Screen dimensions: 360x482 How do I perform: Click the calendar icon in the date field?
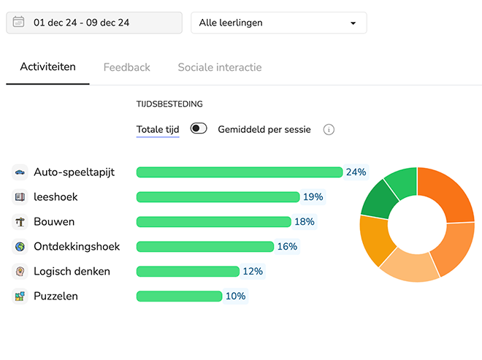pos(19,23)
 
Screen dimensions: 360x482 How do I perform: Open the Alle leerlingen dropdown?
pos(278,23)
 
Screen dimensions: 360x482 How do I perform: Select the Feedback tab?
pos(126,67)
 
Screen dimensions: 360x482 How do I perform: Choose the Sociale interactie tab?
pos(219,67)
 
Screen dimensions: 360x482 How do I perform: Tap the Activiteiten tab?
pos(47,67)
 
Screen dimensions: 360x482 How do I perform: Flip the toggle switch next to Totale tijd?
pos(199,129)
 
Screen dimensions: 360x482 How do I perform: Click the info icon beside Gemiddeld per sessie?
pos(329,130)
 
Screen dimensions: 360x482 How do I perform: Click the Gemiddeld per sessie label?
pos(264,129)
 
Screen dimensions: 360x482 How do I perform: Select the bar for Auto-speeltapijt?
pos(239,172)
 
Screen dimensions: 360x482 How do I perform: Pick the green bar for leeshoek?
pos(218,197)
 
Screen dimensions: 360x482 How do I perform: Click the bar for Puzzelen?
pos(179,296)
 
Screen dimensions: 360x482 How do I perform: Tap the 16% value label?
pos(287,247)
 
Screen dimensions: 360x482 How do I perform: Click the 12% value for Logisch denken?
pos(253,272)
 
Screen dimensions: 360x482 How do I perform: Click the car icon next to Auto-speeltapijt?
pos(20,172)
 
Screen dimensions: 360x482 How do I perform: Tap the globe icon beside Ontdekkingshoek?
pos(20,247)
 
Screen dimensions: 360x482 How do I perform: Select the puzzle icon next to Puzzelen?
pos(20,296)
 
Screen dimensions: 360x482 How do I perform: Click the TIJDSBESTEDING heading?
pos(169,104)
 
